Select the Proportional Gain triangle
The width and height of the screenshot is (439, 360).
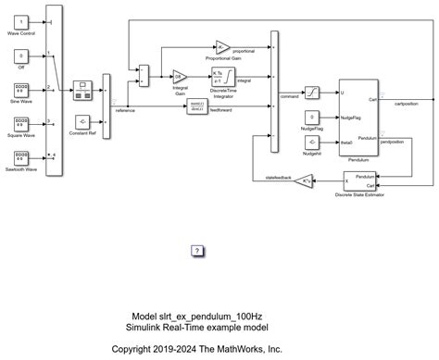[222, 45]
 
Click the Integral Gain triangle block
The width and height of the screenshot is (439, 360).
[180, 76]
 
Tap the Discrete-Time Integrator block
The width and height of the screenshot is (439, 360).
[223, 77]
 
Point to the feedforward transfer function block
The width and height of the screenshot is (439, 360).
[197, 108]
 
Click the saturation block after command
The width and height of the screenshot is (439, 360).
[313, 93]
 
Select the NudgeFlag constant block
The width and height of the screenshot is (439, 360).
[313, 117]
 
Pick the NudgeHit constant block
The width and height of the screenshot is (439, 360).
[313, 141]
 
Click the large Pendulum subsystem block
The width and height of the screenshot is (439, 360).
[357, 117]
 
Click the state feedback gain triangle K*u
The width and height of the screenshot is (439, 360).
[307, 181]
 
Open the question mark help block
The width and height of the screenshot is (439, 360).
[197, 250]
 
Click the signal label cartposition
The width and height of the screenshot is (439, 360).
[408, 104]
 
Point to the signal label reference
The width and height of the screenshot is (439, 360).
[125, 110]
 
